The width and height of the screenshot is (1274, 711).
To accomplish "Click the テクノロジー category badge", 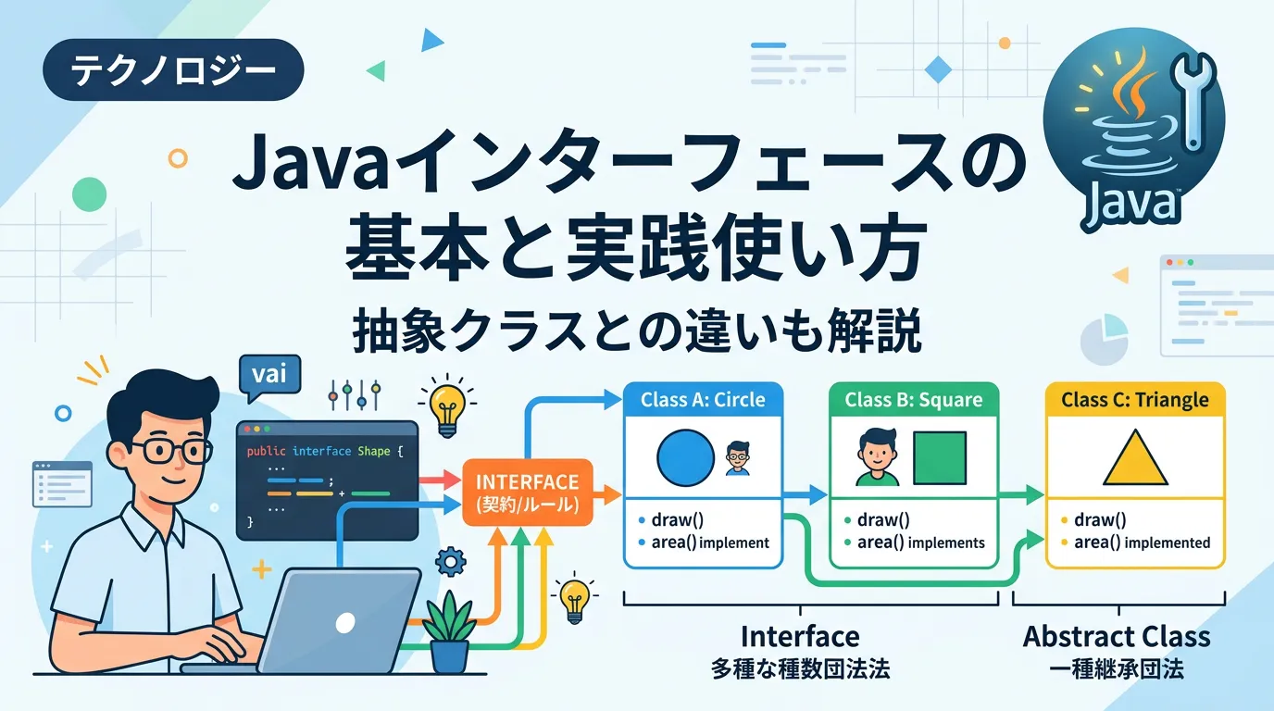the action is (x=173, y=70).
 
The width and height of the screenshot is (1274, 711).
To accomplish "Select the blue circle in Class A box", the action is (x=685, y=457).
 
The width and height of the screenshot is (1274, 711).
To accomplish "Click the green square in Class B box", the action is (x=940, y=458).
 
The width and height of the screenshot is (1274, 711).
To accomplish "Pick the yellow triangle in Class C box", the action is (x=1135, y=458).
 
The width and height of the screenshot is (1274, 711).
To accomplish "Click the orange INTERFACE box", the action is (x=527, y=493).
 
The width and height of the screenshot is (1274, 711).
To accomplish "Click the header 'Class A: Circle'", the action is (x=703, y=399).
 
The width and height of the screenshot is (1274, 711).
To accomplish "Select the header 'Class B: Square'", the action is (x=914, y=399).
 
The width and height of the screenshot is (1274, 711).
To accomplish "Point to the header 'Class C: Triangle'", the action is (x=1135, y=400).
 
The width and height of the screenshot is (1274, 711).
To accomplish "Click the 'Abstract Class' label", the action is (x=1117, y=637).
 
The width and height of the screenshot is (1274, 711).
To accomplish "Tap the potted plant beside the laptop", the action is (x=449, y=632).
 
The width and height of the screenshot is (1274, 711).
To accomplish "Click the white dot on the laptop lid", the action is (x=345, y=623).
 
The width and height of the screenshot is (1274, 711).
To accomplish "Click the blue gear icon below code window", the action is (x=451, y=562).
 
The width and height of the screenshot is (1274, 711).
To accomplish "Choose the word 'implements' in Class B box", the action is (x=946, y=543).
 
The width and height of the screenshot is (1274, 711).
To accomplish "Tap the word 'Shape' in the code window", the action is (x=374, y=451).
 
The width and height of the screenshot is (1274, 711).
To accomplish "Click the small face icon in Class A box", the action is (x=738, y=458).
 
